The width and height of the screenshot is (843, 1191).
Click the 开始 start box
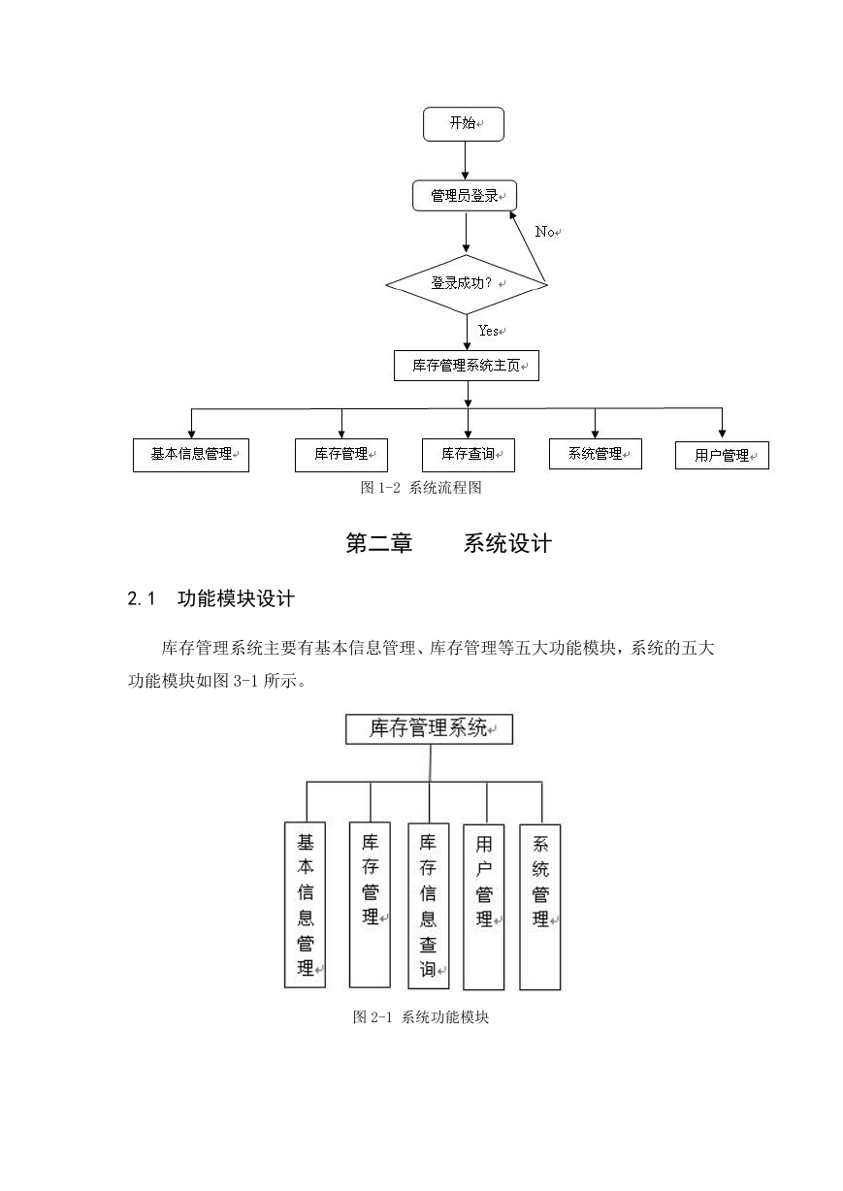[x=464, y=124]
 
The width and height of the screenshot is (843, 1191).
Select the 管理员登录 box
[x=465, y=196]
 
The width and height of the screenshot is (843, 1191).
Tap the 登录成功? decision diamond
[x=467, y=284]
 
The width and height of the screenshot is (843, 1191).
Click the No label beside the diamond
[x=544, y=232]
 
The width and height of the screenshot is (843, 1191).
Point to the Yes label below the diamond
[x=488, y=331]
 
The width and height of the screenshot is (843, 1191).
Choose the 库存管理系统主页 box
[x=467, y=366]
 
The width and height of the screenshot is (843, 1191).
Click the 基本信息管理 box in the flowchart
[x=191, y=455]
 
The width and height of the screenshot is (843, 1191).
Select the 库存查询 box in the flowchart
[x=469, y=455]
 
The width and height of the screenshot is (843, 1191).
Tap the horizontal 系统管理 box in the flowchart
[x=596, y=454]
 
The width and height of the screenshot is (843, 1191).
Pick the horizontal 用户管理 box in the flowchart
[x=722, y=455]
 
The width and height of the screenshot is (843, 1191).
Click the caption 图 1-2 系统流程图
[x=421, y=488]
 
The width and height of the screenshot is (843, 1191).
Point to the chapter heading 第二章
[x=379, y=543]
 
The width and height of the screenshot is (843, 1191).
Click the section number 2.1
[x=141, y=599]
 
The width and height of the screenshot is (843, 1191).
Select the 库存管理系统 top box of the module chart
[x=429, y=729]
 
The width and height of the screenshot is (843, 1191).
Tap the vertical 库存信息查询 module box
[x=429, y=906]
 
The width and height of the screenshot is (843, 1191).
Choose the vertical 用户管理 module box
[x=483, y=907]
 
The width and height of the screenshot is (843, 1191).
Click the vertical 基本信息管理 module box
[x=305, y=905]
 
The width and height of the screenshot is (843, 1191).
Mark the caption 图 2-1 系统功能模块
[x=421, y=1017]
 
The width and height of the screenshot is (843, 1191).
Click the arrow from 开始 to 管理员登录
[x=465, y=161]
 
